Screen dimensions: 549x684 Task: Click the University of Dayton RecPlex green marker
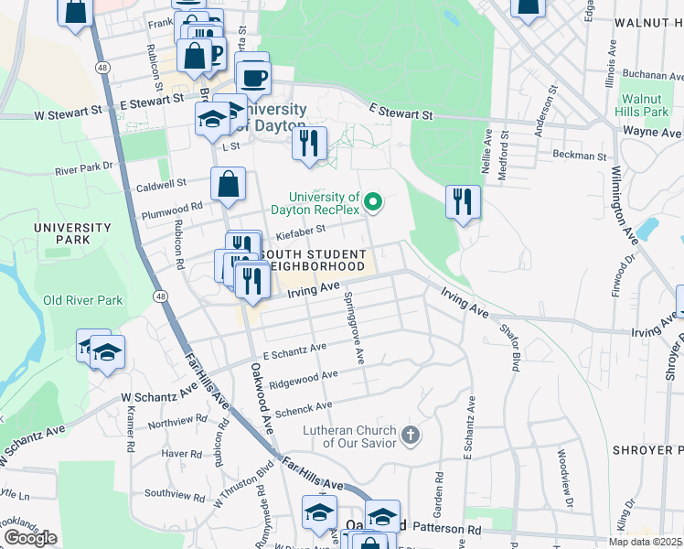pos(372,202)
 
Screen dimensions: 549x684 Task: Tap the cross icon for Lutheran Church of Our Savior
pos(411,435)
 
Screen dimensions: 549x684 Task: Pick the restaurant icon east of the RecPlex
pos(464,201)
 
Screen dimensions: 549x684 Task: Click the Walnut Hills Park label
pos(644,104)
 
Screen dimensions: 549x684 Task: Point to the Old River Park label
pos(82,300)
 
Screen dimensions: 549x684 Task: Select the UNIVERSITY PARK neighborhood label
pos(72,233)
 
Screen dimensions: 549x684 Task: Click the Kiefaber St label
pos(301,231)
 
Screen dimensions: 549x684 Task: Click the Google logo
pos(30,538)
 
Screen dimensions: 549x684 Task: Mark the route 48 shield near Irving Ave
pos(161,296)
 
